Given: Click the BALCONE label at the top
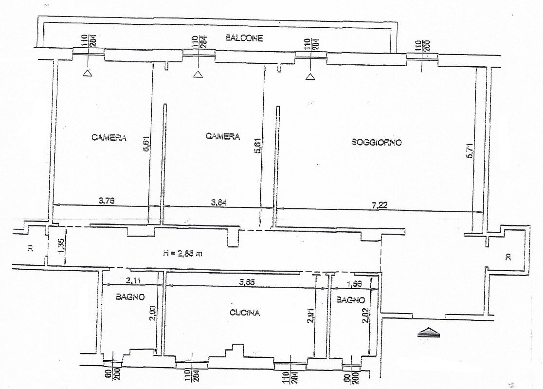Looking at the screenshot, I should click(x=245, y=38).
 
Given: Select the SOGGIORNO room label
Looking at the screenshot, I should click(x=376, y=143).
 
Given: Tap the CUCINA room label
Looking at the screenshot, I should click(x=245, y=313).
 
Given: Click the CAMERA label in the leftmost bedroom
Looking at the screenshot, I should click(x=109, y=138).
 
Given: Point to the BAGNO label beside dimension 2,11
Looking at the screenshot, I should click(x=129, y=296).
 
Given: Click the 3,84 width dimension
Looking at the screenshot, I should click(x=217, y=201).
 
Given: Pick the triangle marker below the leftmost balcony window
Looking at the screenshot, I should click(x=87, y=73).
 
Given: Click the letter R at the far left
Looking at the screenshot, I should click(x=30, y=249).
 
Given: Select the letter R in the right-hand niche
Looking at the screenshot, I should click(x=507, y=257).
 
